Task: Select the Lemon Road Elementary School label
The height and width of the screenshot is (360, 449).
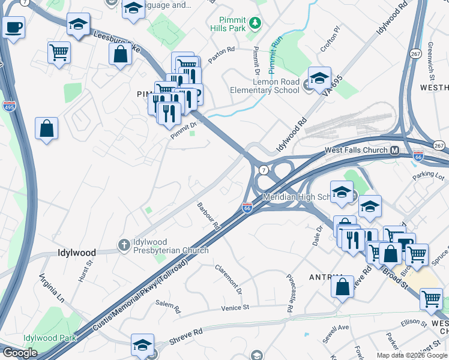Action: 265,86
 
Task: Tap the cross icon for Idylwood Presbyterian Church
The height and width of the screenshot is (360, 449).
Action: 124,244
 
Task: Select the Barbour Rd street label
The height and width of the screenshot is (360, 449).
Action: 209,217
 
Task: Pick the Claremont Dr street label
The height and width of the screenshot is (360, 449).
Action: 228,279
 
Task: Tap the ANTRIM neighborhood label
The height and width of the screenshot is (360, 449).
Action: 326,277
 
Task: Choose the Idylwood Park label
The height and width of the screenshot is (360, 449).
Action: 50,338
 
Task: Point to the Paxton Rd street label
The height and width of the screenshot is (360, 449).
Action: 221,55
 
